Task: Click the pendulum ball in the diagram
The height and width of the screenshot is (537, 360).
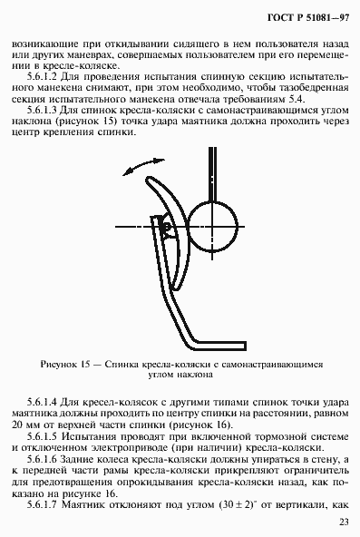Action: (214, 222)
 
